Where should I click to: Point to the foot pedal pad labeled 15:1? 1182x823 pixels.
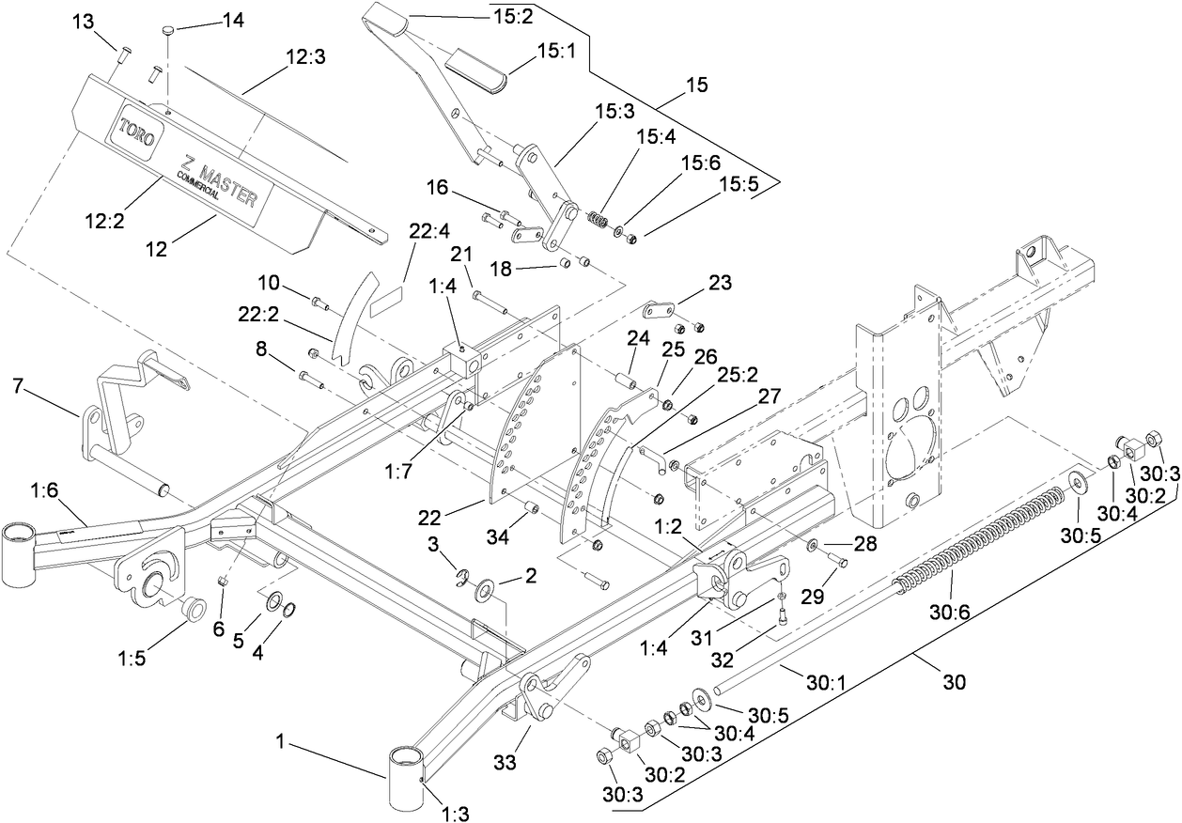pos(476,67)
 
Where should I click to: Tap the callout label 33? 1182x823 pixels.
pos(505,764)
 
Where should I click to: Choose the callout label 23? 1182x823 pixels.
pos(719,282)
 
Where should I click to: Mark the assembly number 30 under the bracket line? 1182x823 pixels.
pos(953,683)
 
